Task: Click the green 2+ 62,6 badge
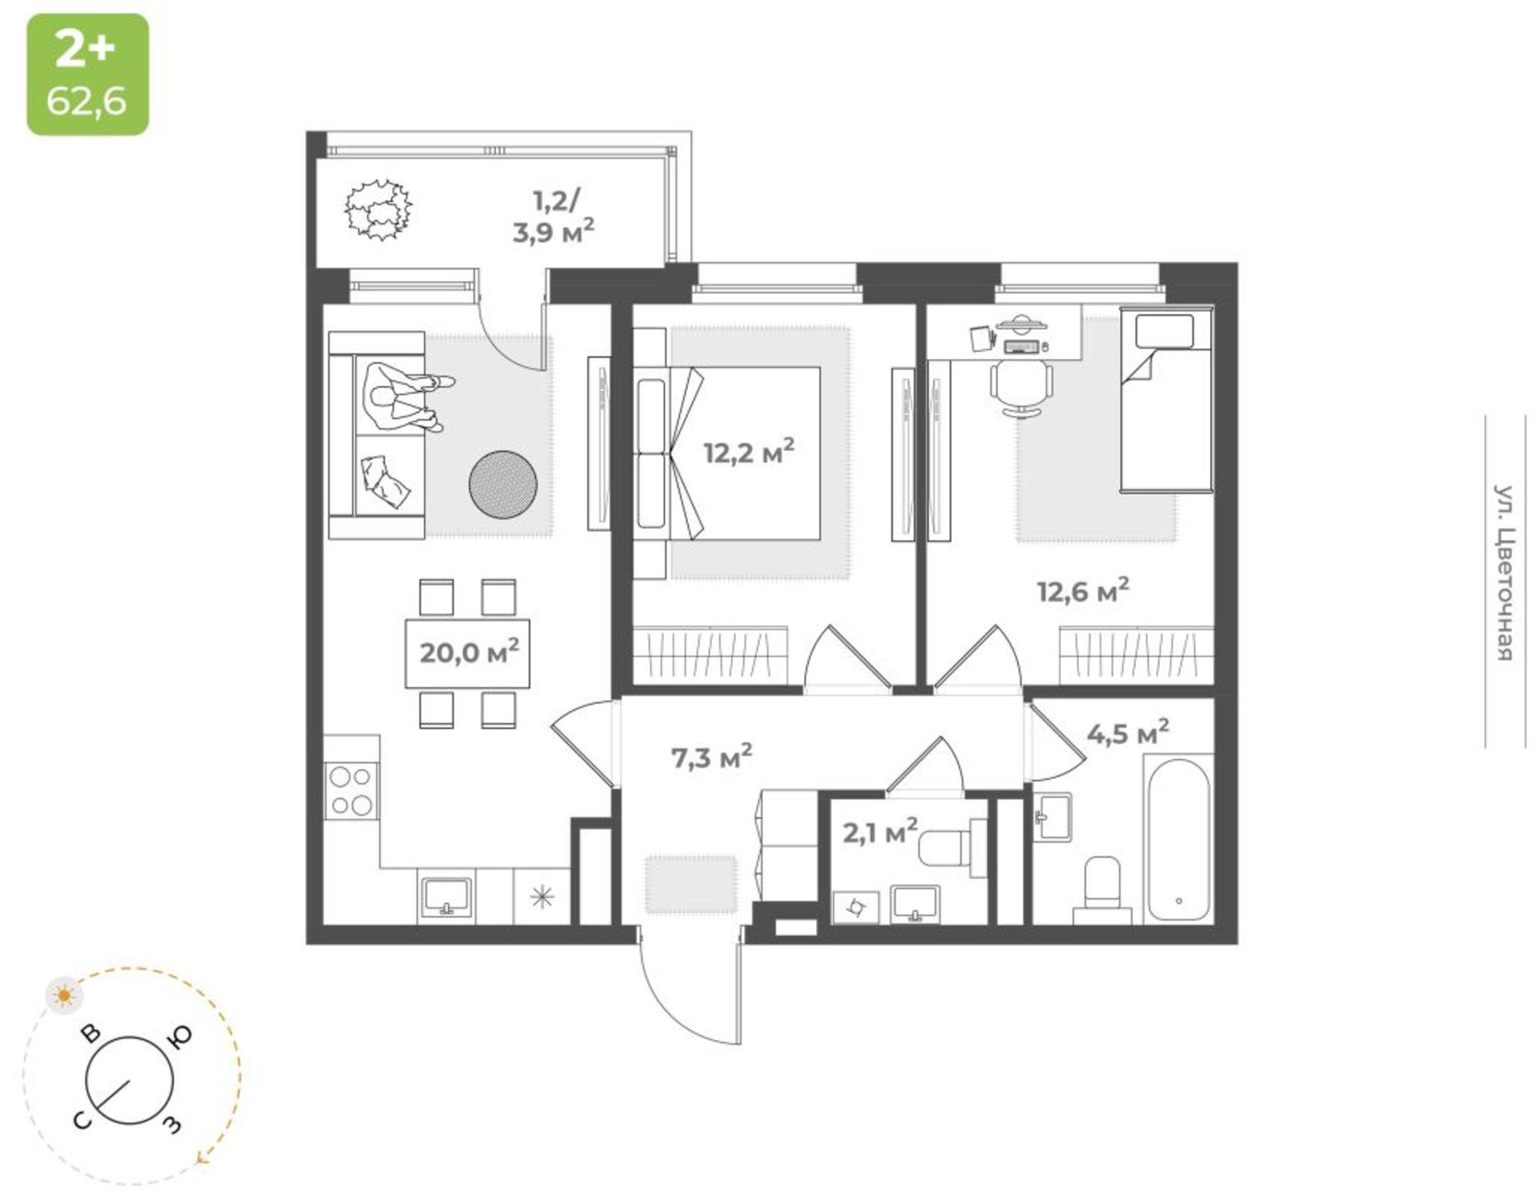coord(88,74)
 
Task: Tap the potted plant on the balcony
coord(377,209)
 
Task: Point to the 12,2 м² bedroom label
coord(749,452)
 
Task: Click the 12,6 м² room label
coord(1083,590)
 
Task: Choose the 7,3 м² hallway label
coord(711,757)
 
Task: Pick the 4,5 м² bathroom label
coord(1127,733)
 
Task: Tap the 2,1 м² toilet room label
coord(880,832)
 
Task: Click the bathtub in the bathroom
coord(1178,839)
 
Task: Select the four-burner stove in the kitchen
coord(351,792)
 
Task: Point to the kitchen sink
coord(446,897)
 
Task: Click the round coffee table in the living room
coord(503,484)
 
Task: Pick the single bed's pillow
coord(1164,331)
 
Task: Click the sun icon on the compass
coord(64,995)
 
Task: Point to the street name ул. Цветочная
coord(1504,572)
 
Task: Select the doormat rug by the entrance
coord(690,885)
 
